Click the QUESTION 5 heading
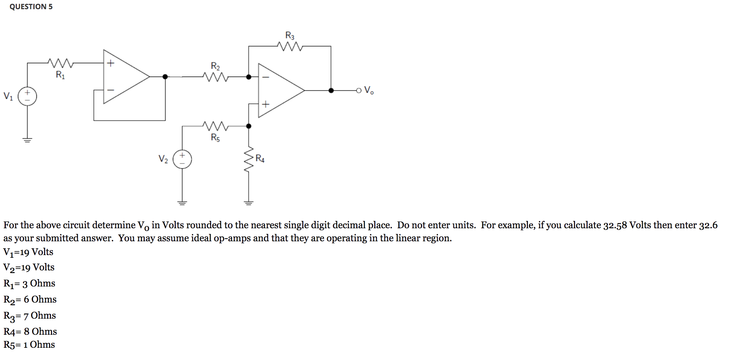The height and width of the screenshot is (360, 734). pyautogui.click(x=31, y=7)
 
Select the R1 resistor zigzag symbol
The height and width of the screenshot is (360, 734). pyautogui.click(x=61, y=62)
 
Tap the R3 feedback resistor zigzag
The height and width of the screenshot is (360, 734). pyautogui.click(x=290, y=46)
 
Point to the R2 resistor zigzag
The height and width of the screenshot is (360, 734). pyautogui.click(x=216, y=77)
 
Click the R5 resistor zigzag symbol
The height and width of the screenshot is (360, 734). pyautogui.click(x=216, y=126)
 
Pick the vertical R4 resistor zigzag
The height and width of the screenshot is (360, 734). pyautogui.click(x=249, y=159)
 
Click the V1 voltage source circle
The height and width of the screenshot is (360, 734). pyautogui.click(x=28, y=96)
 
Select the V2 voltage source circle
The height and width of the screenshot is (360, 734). pyautogui.click(x=182, y=159)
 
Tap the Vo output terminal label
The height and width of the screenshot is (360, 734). pyautogui.click(x=369, y=90)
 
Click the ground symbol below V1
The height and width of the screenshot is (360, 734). pyautogui.click(x=27, y=140)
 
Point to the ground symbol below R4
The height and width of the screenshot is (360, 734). pyautogui.click(x=249, y=203)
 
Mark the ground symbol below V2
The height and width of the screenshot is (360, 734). pyautogui.click(x=182, y=203)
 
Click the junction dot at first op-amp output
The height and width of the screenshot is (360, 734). pyautogui.click(x=165, y=77)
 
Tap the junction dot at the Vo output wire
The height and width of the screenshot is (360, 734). pyautogui.click(x=331, y=90)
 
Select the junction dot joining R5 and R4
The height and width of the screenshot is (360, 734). pyautogui.click(x=249, y=126)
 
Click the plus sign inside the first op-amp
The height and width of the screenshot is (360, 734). pyautogui.click(x=111, y=63)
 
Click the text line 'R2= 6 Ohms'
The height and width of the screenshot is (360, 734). pyautogui.click(x=30, y=299)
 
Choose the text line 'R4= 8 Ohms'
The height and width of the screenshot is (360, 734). pyautogui.click(x=30, y=331)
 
